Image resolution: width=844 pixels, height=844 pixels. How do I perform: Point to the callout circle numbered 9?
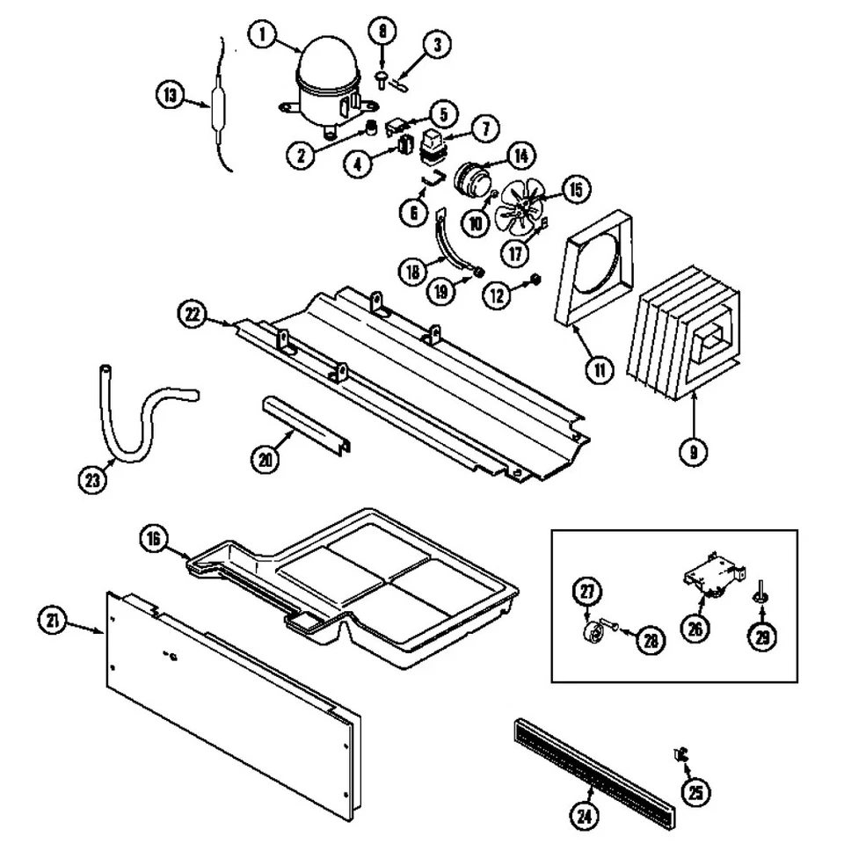point(693,451)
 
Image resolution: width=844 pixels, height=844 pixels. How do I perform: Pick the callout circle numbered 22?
point(193,312)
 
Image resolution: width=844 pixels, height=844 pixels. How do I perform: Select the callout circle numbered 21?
point(53,621)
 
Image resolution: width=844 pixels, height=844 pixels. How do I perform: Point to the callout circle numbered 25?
point(696,793)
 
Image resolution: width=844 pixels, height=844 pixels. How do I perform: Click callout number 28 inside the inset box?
point(650,640)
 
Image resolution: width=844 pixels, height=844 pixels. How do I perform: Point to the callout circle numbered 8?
point(382,32)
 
